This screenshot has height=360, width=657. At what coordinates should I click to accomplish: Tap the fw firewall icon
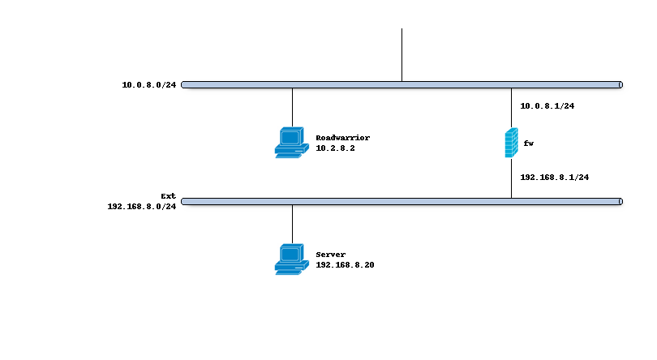tap(511, 143)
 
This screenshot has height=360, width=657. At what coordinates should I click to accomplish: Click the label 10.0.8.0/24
tap(148, 84)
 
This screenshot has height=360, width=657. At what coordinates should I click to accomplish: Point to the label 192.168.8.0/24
tap(142, 207)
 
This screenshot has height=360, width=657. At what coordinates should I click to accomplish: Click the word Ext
tap(168, 196)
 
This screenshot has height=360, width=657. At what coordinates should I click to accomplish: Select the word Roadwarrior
tap(342, 138)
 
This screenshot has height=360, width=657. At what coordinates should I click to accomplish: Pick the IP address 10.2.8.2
tap(335, 148)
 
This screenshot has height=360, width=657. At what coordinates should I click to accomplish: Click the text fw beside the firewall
tap(528, 144)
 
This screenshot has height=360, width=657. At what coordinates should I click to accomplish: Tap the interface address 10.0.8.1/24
tap(547, 105)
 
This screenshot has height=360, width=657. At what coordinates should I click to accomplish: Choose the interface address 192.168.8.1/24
tap(554, 177)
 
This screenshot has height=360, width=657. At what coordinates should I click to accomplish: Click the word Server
tap(330, 255)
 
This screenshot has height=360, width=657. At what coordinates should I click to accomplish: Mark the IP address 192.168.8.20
tap(345, 265)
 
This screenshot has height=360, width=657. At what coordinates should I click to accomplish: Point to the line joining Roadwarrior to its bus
tap(292, 107)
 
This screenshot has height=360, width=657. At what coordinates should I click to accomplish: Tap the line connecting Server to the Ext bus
tap(292, 224)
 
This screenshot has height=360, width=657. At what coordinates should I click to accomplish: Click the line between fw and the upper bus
tap(511, 107)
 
